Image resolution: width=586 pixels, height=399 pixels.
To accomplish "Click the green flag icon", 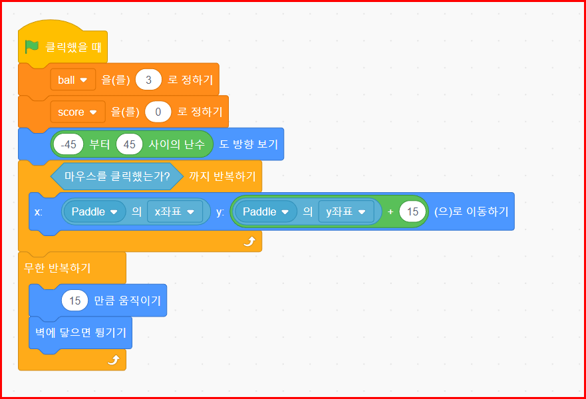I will pyautogui.click(x=32, y=47).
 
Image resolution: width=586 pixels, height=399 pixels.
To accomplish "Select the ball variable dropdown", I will pyautogui.click(x=73, y=80).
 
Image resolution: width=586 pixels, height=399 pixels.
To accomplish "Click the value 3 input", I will pyautogui.click(x=148, y=80).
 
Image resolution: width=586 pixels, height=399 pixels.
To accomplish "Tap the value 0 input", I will pyautogui.click(x=158, y=112).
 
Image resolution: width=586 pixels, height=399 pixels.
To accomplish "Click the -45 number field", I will pyautogui.click(x=68, y=144).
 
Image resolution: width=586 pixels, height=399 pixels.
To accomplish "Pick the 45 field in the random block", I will pyautogui.click(x=129, y=144).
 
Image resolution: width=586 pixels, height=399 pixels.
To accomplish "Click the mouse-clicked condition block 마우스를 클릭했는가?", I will pyautogui.click(x=116, y=176).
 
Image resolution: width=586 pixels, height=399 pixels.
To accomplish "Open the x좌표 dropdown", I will pyautogui.click(x=174, y=211).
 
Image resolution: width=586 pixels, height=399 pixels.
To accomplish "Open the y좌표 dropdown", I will pyautogui.click(x=345, y=211).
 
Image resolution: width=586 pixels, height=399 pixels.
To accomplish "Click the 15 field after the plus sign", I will pyautogui.click(x=412, y=211).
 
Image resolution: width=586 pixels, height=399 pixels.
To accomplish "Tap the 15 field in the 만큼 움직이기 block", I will pyautogui.click(x=74, y=301).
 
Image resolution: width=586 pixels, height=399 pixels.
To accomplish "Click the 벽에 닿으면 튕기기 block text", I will pyautogui.click(x=80, y=332).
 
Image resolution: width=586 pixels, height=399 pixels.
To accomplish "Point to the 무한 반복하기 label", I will pyautogui.click(x=58, y=268).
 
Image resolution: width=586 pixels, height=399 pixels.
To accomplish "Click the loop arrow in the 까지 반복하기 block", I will pyautogui.click(x=249, y=241).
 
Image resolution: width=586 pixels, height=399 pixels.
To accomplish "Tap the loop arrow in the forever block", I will pyautogui.click(x=113, y=360).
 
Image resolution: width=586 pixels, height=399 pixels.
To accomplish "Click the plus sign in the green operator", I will pyautogui.click(x=390, y=211).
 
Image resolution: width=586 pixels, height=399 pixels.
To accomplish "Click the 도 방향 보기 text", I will pyautogui.click(x=248, y=144).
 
